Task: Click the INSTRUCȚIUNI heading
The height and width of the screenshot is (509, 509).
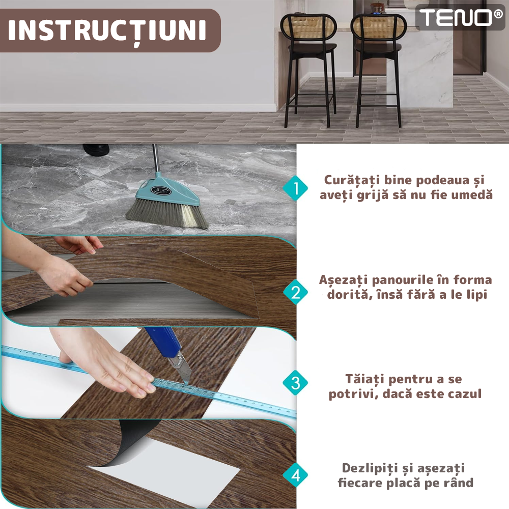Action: (107, 31)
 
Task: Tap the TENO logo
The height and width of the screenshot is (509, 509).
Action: (460, 17)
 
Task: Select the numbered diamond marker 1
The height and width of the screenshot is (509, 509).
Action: (295, 188)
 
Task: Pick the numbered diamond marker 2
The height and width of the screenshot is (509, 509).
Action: (295, 292)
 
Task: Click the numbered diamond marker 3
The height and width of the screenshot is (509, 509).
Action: (295, 382)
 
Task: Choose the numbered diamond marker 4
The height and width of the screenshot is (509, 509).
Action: (295, 475)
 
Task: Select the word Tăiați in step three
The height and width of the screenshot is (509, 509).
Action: (364, 379)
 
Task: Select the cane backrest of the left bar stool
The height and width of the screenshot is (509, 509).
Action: (308, 29)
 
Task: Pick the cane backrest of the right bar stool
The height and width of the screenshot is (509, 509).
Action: (378, 29)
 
